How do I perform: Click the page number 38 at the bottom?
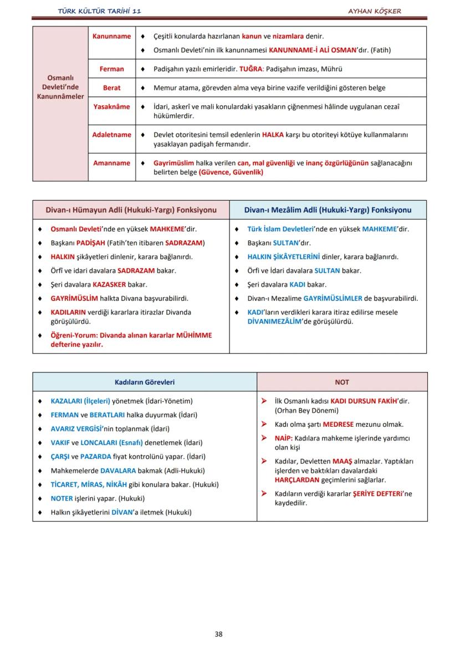click(x=218, y=634)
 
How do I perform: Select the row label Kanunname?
click(x=111, y=36)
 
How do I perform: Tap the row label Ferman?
click(x=111, y=69)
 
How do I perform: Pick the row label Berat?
click(x=111, y=88)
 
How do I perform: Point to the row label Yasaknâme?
click(x=111, y=106)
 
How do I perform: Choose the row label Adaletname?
click(x=111, y=135)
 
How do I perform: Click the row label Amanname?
click(x=111, y=163)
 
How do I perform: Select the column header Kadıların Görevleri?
click(x=145, y=382)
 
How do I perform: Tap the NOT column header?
click(x=342, y=382)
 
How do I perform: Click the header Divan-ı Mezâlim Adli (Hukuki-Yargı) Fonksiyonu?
click(x=328, y=210)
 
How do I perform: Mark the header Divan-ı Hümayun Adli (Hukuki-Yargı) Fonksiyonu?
click(x=131, y=210)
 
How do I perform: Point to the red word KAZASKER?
click(x=109, y=284)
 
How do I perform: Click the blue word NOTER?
click(x=62, y=498)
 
